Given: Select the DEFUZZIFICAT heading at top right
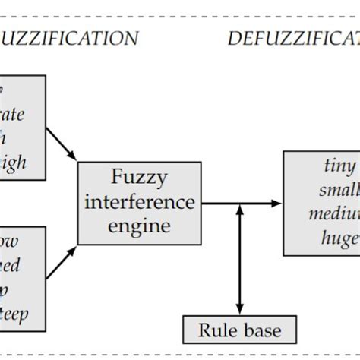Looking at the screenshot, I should tap(293, 38).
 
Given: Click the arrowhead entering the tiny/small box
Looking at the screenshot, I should tap(276, 203).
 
